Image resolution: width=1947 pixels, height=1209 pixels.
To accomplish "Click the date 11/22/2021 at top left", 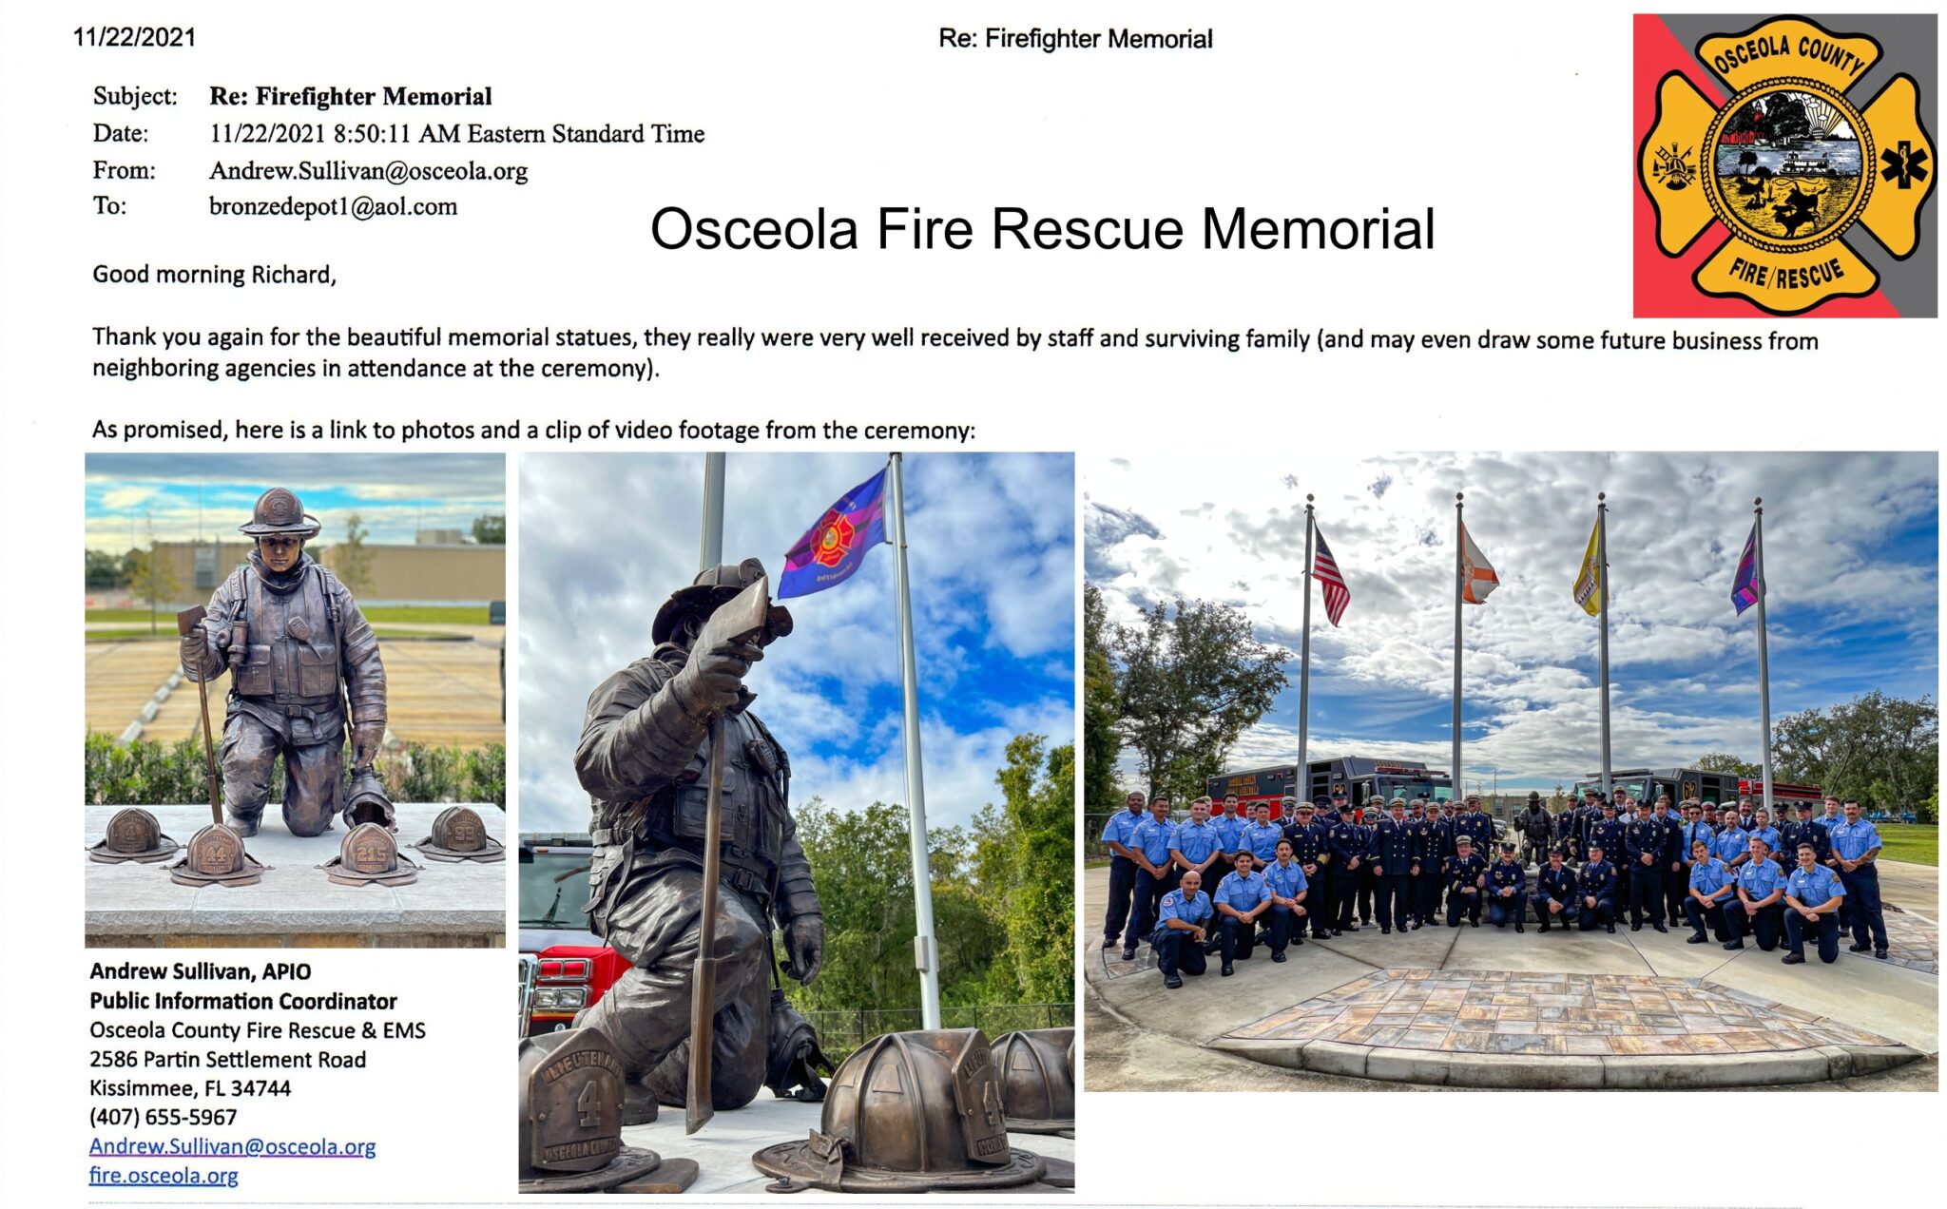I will click(x=134, y=37).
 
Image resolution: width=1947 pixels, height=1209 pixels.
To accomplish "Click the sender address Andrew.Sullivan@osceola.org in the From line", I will click(x=368, y=171).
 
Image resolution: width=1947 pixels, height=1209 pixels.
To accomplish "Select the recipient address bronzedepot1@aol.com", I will click(x=333, y=206).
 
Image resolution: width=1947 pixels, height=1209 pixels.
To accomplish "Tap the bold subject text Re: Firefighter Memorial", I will click(x=350, y=96).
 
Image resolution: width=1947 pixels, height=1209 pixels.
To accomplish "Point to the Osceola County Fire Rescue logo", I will click(x=1784, y=165).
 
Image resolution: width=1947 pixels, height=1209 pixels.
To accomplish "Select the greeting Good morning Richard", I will click(x=214, y=275).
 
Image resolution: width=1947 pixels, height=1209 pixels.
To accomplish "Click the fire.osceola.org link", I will click(x=164, y=1176).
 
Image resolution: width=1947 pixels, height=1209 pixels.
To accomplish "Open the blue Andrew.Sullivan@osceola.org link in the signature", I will click(x=232, y=1147).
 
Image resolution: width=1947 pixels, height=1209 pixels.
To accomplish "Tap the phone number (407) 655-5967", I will click(x=163, y=1117).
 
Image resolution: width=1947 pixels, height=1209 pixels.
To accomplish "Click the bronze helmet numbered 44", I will click(x=217, y=853).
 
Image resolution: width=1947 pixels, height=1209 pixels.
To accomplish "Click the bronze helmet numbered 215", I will click(x=371, y=852).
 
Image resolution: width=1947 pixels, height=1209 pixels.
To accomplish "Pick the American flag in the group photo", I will click(x=1330, y=577).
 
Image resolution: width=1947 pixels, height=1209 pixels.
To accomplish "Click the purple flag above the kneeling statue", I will click(x=834, y=535).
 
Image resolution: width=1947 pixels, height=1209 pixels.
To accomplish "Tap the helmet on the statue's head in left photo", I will click(x=279, y=513).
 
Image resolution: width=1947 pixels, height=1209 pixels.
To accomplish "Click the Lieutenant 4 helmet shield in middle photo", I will click(x=576, y=1103).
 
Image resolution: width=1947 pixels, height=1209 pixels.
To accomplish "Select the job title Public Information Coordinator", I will click(x=242, y=1001).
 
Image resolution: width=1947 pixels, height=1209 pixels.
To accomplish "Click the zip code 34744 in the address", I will click(x=260, y=1088).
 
